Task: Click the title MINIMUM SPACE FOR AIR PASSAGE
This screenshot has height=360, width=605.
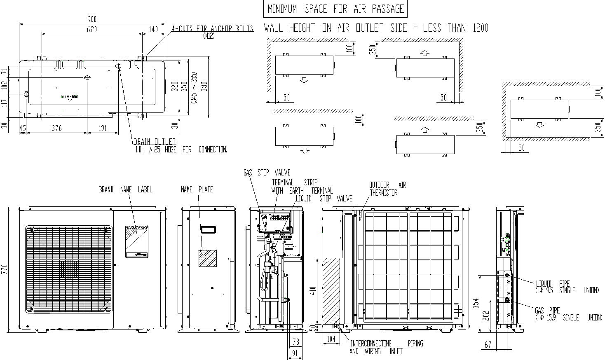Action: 335,9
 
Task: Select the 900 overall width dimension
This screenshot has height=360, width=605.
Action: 92,19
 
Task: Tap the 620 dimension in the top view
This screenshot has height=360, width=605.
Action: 92,29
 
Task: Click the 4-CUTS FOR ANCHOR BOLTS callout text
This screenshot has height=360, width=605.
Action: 213,29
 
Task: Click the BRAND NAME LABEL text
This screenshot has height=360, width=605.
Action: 126,189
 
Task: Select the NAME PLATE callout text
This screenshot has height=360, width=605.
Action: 197,189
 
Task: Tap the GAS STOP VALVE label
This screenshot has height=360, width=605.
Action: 267,173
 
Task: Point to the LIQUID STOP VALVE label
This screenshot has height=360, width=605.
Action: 324,199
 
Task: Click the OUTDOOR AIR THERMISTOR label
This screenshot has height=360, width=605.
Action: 387,189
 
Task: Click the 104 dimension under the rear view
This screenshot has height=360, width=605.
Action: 331,339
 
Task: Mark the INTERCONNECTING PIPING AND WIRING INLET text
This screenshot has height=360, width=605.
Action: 386,347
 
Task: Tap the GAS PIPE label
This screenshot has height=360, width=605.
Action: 547,310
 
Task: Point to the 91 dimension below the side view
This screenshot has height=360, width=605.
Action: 295,353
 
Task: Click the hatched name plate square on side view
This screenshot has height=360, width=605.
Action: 208,258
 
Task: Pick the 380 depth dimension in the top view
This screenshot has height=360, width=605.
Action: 204,86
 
